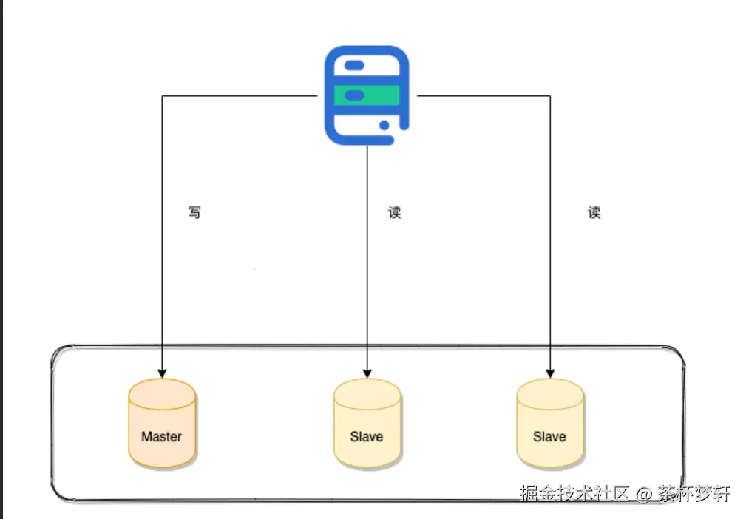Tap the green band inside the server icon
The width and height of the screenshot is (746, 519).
(367, 95)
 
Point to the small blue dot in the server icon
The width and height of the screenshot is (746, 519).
(384, 125)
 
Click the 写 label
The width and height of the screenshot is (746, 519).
(194, 213)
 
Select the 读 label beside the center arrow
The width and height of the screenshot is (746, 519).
(395, 213)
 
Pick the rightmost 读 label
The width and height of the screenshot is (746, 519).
(594, 213)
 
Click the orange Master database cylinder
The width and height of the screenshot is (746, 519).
(162, 423)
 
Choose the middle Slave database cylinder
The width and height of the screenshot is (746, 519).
(367, 423)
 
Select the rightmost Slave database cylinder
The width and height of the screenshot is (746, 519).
(549, 423)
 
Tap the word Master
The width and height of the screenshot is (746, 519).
(162, 436)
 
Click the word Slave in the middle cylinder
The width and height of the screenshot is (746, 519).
(367, 436)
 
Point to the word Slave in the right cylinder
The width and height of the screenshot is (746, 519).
(549, 436)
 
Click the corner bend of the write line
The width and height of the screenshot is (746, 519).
(162, 95)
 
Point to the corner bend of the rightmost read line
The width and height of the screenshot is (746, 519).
(550, 95)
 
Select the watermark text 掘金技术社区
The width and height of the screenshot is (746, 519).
(574, 493)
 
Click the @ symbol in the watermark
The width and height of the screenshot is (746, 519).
(644, 494)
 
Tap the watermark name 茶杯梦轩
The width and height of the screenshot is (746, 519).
(694, 493)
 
